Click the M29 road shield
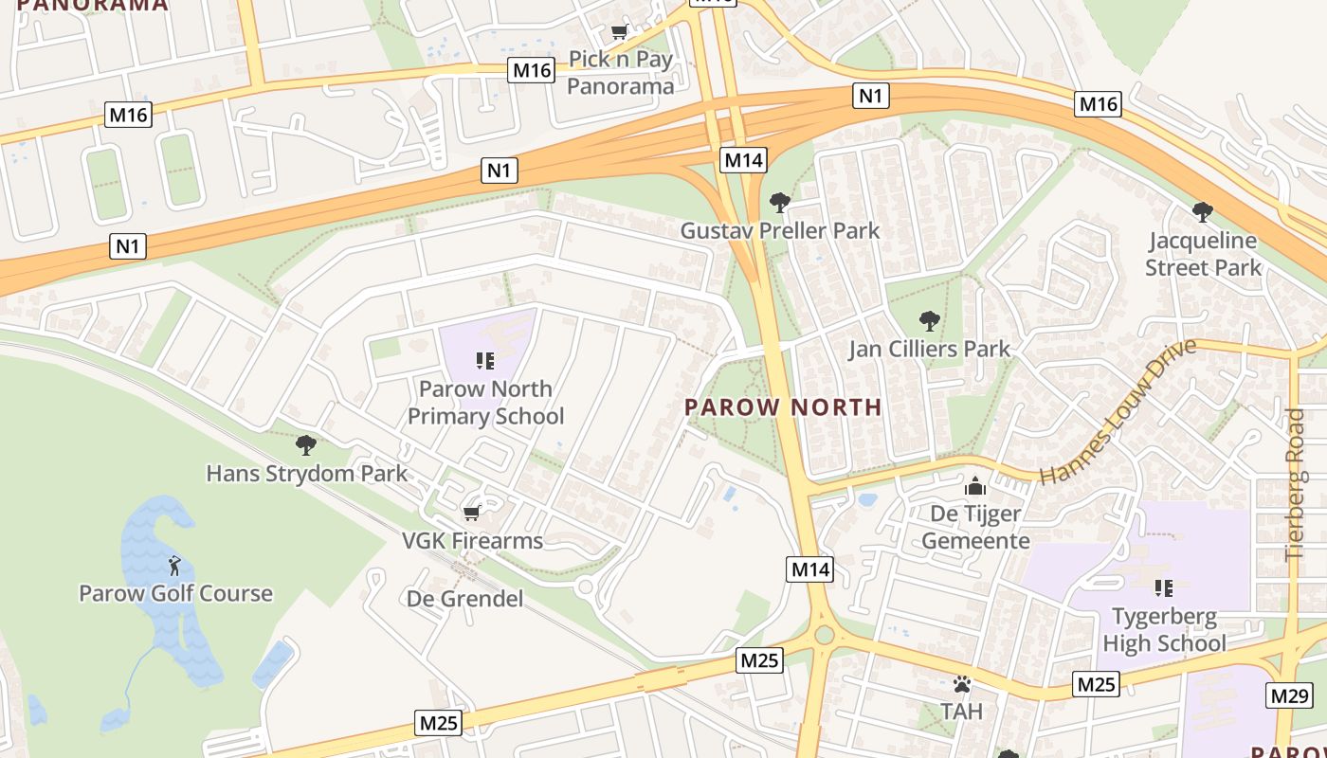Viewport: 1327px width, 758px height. coord(1290,695)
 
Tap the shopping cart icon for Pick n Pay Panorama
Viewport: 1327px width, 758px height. coord(620,32)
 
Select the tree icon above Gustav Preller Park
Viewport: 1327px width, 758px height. coord(780,202)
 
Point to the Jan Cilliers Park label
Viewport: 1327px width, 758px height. coord(929,349)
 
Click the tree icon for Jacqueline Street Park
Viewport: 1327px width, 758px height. coord(1202,211)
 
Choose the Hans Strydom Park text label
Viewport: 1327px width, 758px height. coord(306,473)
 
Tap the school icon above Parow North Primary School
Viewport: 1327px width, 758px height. coord(484,360)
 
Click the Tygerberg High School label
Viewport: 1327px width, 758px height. coord(1164,630)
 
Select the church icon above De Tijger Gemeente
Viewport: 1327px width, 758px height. coord(974,487)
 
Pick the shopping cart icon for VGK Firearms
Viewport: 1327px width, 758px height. coord(471,514)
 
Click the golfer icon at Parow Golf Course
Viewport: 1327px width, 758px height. coord(174,567)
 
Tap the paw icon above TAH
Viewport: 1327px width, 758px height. coord(962,683)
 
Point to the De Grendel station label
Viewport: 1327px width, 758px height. coord(464,599)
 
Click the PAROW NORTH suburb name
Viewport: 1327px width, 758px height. coord(783,407)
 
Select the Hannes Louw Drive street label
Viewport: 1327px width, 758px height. coord(1118,412)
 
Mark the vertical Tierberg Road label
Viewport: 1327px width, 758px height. coord(1295,483)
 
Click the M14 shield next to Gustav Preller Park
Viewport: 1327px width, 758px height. coord(743,160)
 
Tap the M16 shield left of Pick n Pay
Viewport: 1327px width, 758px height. coord(531,70)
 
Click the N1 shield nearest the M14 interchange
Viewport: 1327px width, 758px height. coord(871,95)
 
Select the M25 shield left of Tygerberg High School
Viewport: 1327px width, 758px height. coord(1096,684)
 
